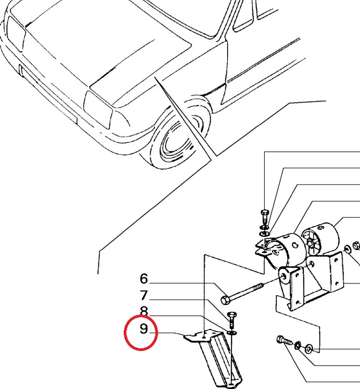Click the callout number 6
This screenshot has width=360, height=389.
[144, 279]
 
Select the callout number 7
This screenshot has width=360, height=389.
[144, 295]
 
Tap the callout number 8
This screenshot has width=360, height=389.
[144, 311]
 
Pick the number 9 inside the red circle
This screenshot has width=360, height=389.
[144, 328]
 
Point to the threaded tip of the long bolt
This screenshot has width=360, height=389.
[259, 287]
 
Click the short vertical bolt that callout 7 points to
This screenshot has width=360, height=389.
[231, 320]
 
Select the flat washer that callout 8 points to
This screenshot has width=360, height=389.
[232, 332]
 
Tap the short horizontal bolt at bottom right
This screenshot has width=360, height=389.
[285, 340]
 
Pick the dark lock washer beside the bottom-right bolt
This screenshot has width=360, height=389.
[298, 345]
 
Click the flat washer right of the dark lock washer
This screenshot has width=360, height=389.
[309, 349]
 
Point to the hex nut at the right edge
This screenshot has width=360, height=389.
[357, 245]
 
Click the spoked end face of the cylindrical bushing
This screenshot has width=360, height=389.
[311, 242]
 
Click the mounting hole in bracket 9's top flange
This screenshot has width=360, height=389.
[203, 337]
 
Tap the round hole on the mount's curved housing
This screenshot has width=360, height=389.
[295, 245]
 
